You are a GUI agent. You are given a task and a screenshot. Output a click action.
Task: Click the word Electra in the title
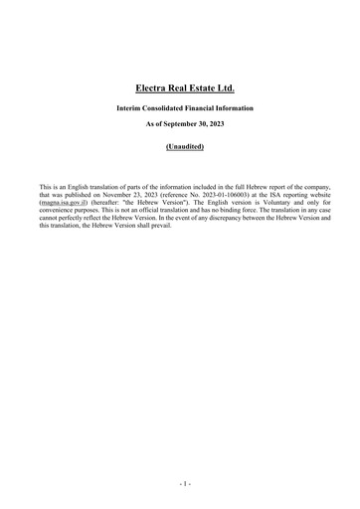[153, 88]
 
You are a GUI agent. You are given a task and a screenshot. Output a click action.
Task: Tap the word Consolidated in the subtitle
[168, 106]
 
